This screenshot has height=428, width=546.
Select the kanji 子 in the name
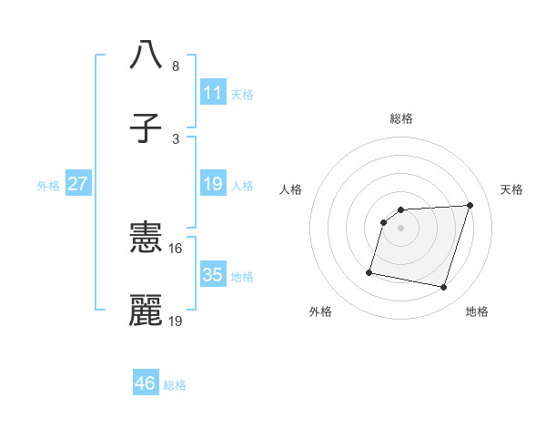[146, 128]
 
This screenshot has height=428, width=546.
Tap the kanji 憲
[146, 239]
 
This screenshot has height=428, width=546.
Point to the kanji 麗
[146, 311]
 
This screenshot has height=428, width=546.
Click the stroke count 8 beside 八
[175, 66]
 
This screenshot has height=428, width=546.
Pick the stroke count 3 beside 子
[175, 138]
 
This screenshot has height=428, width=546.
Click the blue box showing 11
[212, 92]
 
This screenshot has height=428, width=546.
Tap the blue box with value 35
[212, 275]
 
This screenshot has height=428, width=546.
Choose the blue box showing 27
[77, 184]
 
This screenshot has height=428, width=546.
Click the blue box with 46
[145, 383]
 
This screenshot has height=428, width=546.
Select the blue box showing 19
[212, 184]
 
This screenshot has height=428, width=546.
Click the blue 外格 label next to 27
[48, 186]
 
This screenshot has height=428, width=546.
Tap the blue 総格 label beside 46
[175, 385]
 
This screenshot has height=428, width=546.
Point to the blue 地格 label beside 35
[242, 277]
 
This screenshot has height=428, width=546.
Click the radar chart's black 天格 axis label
[511, 189]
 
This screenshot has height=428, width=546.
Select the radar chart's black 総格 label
[400, 118]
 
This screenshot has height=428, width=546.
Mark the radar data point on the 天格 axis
[470, 205]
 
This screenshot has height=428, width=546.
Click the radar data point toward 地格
[443, 288]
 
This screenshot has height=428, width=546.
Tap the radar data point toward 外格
[369, 271]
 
